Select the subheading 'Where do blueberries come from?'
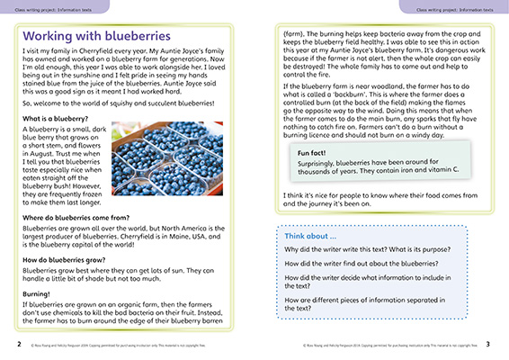click(x=75, y=218)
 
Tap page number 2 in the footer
click(x=7, y=344)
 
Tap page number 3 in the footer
click(x=501, y=344)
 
